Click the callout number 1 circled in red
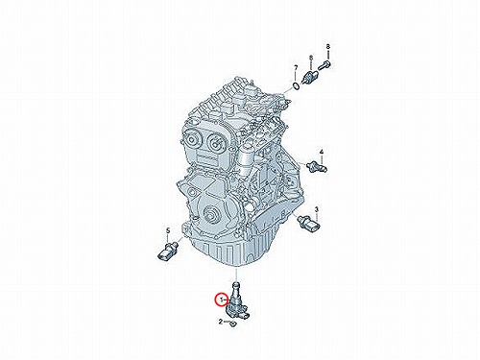(x=221, y=300)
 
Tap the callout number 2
(x=221, y=322)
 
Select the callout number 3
(x=317, y=209)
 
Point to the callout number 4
(x=322, y=152)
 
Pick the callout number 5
(x=167, y=230)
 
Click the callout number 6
(x=311, y=58)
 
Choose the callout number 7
(x=296, y=68)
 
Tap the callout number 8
(x=327, y=47)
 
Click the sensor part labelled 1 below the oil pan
(x=238, y=301)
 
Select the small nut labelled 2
(x=232, y=324)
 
